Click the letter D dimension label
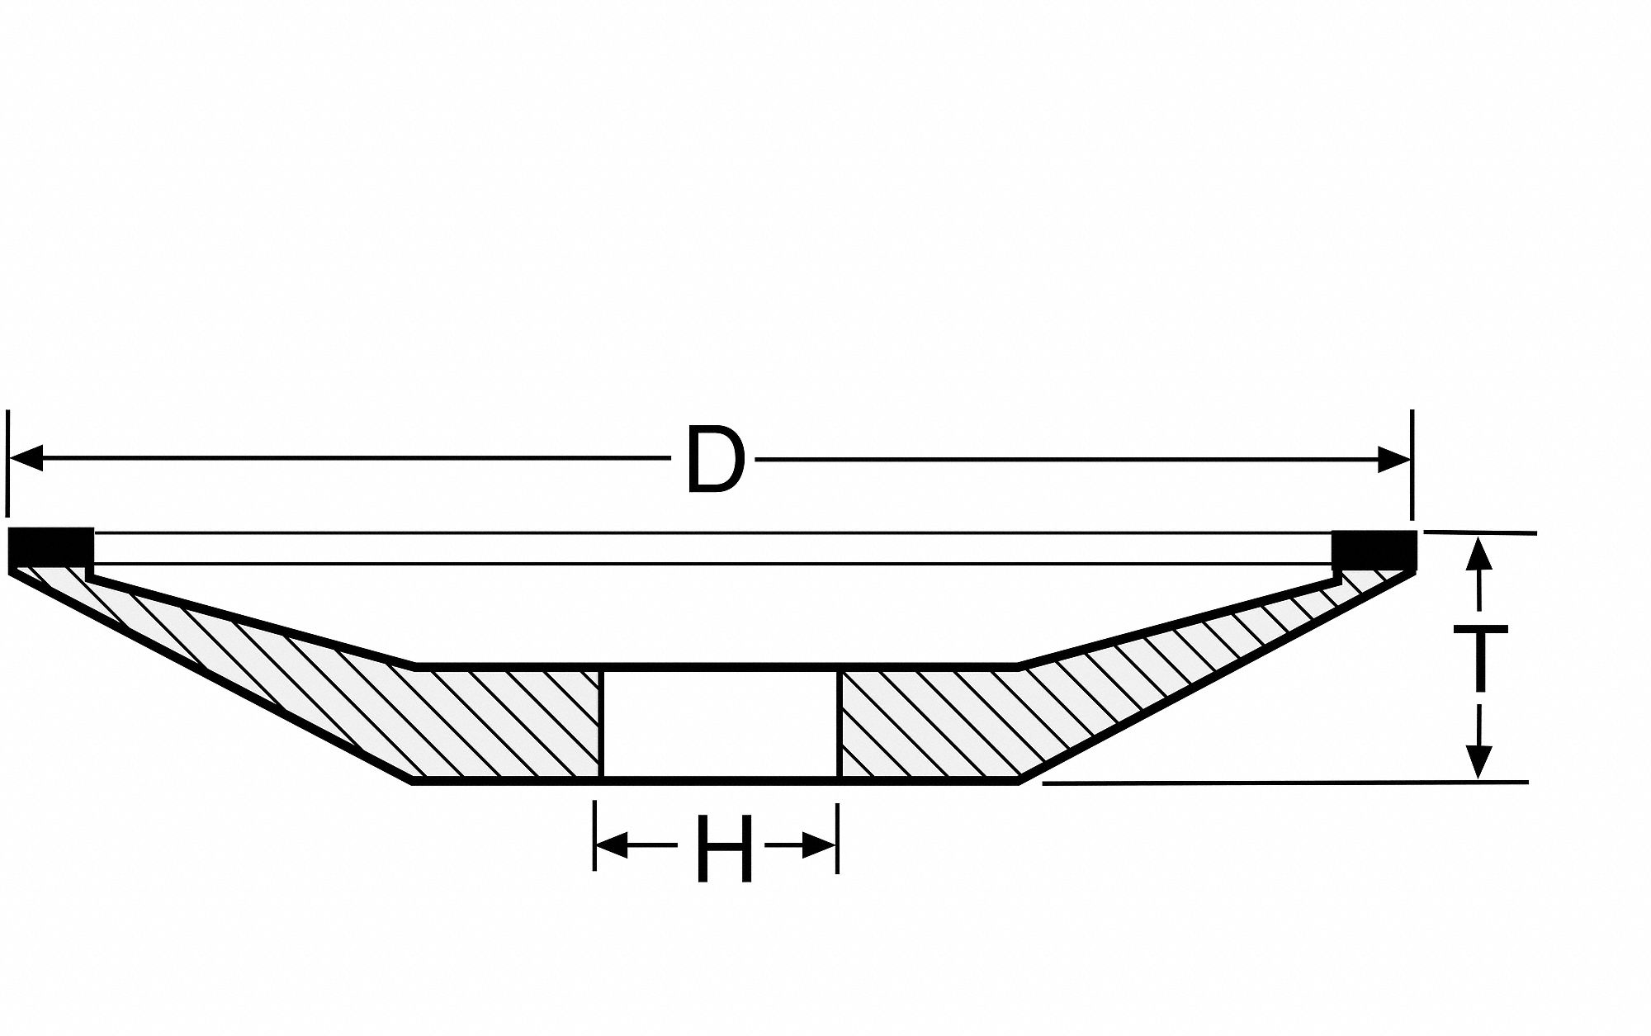tap(715, 461)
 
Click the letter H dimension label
tap(724, 848)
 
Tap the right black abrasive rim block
tap(1374, 549)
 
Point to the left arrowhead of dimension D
tap(26, 458)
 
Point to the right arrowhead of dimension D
tap(1393, 459)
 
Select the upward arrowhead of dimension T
tap(1478, 555)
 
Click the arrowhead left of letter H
tap(613, 844)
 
